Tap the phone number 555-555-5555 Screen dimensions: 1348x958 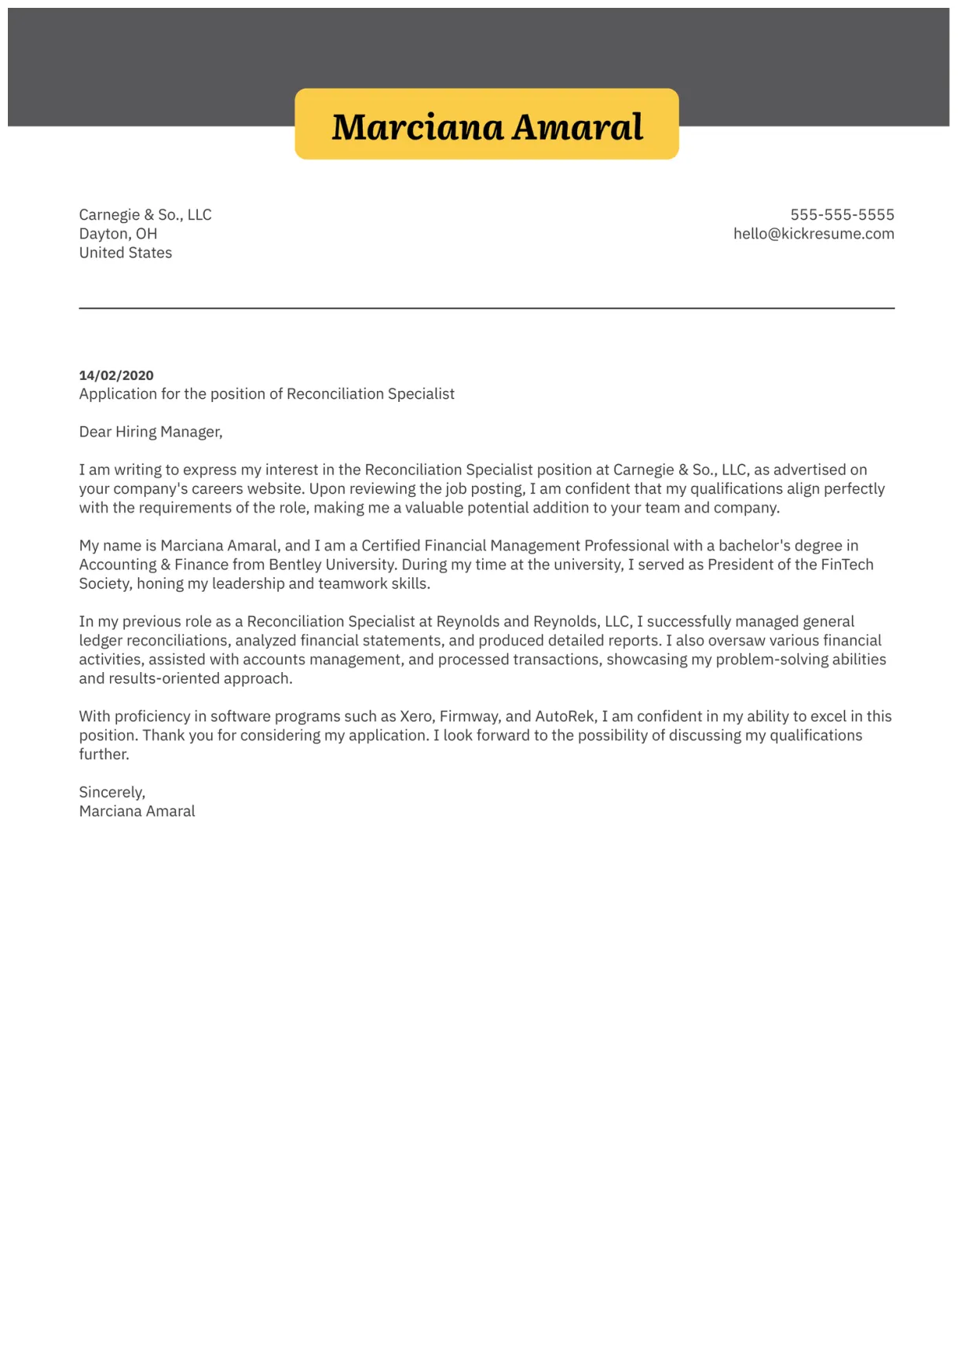pos(842,215)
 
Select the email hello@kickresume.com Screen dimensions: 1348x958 pos(814,234)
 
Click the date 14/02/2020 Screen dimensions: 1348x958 pos(116,375)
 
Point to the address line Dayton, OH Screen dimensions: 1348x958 pos(118,234)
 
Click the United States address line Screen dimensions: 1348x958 pos(126,253)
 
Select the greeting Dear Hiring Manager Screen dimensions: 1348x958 pos(151,432)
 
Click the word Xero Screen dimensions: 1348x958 pos(416,717)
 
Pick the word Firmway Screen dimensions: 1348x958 pos(469,717)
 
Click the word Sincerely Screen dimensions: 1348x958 pos(112,792)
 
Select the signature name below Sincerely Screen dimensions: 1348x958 pos(137,811)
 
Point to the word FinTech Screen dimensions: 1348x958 pos(846,564)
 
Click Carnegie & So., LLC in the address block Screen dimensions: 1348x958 pos(145,215)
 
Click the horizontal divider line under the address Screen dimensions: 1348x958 pos(487,309)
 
